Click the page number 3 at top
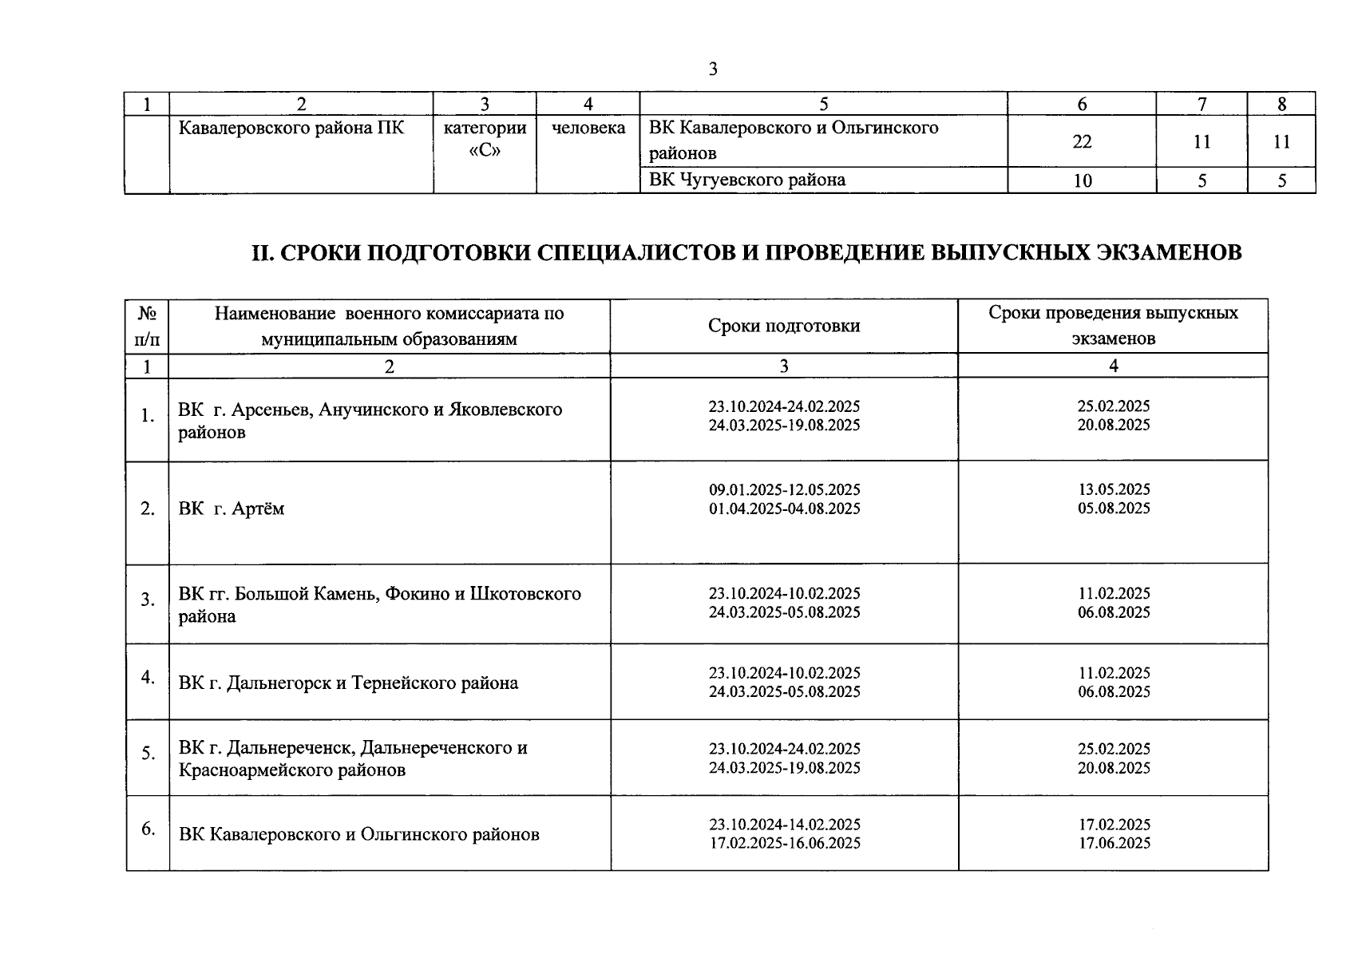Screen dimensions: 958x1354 713,69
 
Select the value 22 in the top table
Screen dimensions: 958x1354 1082,142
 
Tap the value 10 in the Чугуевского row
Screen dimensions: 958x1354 1082,181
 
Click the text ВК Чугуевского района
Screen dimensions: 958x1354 747,180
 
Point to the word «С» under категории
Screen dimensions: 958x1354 485,151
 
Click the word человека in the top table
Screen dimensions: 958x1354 588,128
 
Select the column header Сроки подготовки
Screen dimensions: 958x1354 784,326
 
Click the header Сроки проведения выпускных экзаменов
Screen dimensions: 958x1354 1113,325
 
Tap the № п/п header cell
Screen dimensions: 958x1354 147,326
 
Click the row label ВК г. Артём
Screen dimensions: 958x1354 232,509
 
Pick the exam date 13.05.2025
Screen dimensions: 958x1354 1114,489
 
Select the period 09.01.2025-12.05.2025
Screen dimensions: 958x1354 784,489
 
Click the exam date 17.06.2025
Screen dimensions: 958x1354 1114,843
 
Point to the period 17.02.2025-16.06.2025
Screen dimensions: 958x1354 784,843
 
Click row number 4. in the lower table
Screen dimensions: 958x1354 148,677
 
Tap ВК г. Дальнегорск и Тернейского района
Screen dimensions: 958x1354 348,683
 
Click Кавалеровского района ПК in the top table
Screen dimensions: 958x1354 291,128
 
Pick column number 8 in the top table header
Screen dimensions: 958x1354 1281,104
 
